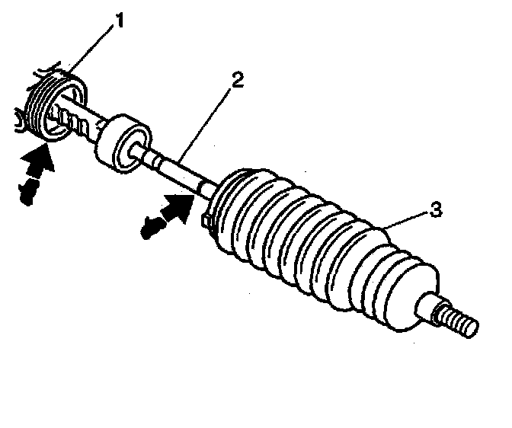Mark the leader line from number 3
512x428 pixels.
click(408, 219)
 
